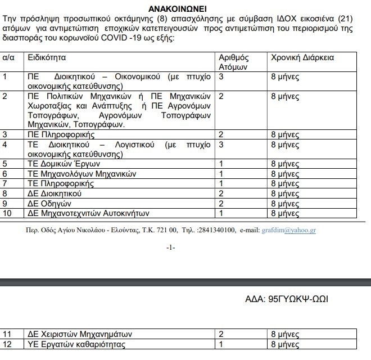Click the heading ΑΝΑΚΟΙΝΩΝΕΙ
click(x=184, y=10)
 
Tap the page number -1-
click(x=171, y=247)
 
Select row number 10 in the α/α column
click(x=7, y=213)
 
